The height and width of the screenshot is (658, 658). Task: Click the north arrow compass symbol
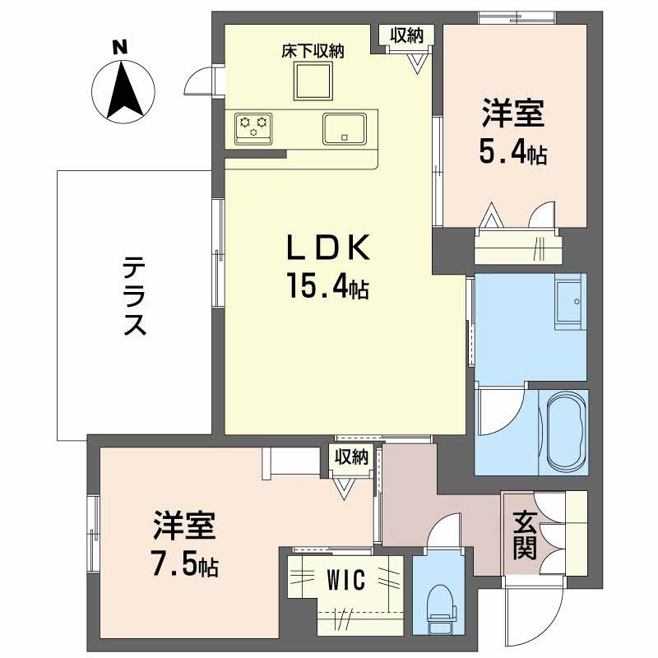click(123, 90)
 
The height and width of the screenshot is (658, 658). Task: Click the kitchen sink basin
click(344, 127)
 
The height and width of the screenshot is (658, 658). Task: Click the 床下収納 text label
click(313, 51)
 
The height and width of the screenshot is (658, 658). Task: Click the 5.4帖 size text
click(513, 152)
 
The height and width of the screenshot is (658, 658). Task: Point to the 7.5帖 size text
click(185, 565)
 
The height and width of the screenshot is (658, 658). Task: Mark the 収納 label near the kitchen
click(406, 35)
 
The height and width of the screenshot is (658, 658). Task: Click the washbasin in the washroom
click(568, 300)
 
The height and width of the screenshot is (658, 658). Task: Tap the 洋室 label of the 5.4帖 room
click(513, 114)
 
